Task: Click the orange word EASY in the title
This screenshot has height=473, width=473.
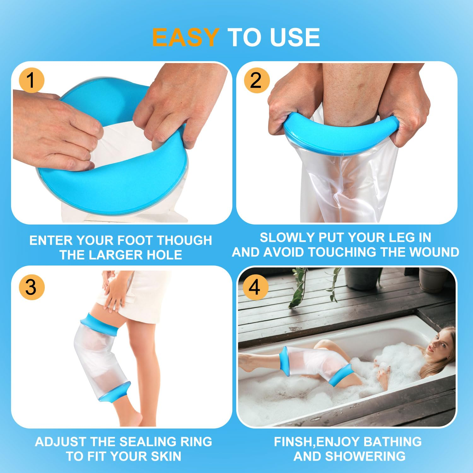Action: pyautogui.click(x=185, y=38)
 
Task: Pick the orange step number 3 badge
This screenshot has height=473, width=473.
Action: pyautogui.click(x=31, y=287)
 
